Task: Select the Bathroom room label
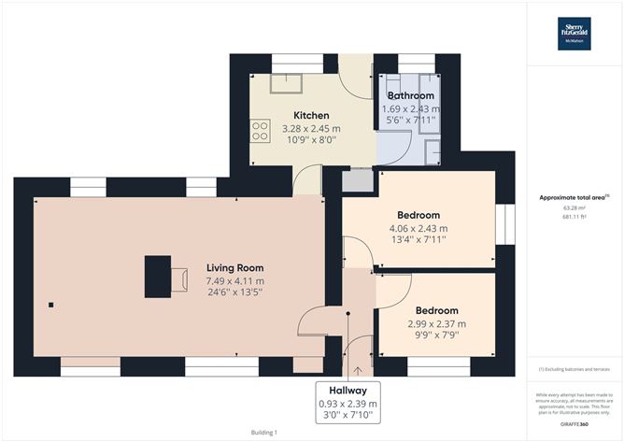pos(411,95)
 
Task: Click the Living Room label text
pos(235,267)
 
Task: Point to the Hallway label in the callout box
pos(347,390)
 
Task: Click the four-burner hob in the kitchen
pos(259,132)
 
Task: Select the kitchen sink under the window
pos(281,84)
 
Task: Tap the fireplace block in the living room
pos(157,275)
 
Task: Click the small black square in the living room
pos(51,305)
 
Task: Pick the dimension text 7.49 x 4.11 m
pos(235,280)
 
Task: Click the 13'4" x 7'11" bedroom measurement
pos(418,240)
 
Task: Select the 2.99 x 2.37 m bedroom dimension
pos(436,323)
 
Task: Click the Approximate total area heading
pos(574,197)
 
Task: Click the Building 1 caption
pos(264,432)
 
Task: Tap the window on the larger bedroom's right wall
pos(505,221)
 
